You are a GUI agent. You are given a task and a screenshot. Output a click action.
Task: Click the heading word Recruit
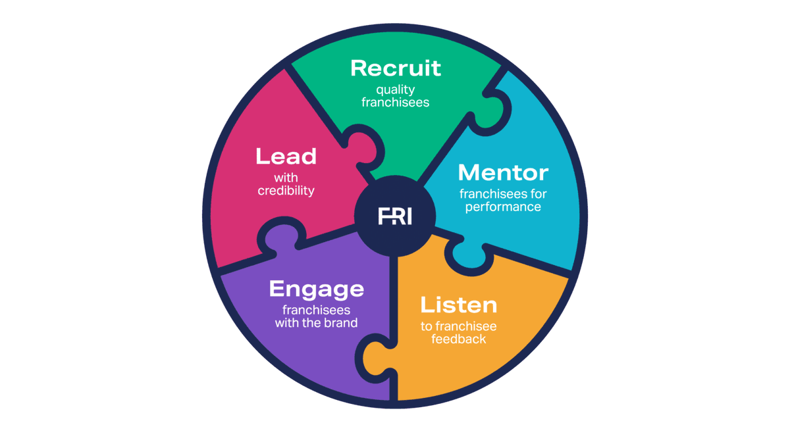click(x=396, y=68)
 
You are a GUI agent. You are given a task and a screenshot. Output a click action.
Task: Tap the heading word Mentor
click(x=503, y=172)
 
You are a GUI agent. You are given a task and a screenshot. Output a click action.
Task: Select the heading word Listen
click(x=458, y=305)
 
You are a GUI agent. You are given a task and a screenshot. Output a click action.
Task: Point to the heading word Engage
click(x=317, y=290)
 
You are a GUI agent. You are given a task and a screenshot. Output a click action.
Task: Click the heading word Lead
click(x=286, y=156)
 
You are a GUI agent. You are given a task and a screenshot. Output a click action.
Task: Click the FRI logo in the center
click(x=394, y=216)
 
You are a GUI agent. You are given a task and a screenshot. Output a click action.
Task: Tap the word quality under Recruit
click(x=396, y=90)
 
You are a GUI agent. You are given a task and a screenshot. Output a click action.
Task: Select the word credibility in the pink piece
click(x=286, y=191)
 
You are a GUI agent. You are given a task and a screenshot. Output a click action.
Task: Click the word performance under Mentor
click(x=503, y=207)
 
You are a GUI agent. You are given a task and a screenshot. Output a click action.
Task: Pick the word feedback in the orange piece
click(x=458, y=339)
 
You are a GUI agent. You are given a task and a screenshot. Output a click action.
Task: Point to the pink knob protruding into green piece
click(x=363, y=148)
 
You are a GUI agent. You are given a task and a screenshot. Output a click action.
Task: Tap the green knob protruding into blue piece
click(x=491, y=109)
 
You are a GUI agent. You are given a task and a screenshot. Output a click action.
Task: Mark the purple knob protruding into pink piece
click(x=282, y=237)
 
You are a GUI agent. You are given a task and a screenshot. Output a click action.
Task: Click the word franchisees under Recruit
click(x=396, y=103)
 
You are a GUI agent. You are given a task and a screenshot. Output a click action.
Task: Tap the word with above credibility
click(x=286, y=178)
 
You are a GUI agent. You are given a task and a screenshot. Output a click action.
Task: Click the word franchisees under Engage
click(x=317, y=310)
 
